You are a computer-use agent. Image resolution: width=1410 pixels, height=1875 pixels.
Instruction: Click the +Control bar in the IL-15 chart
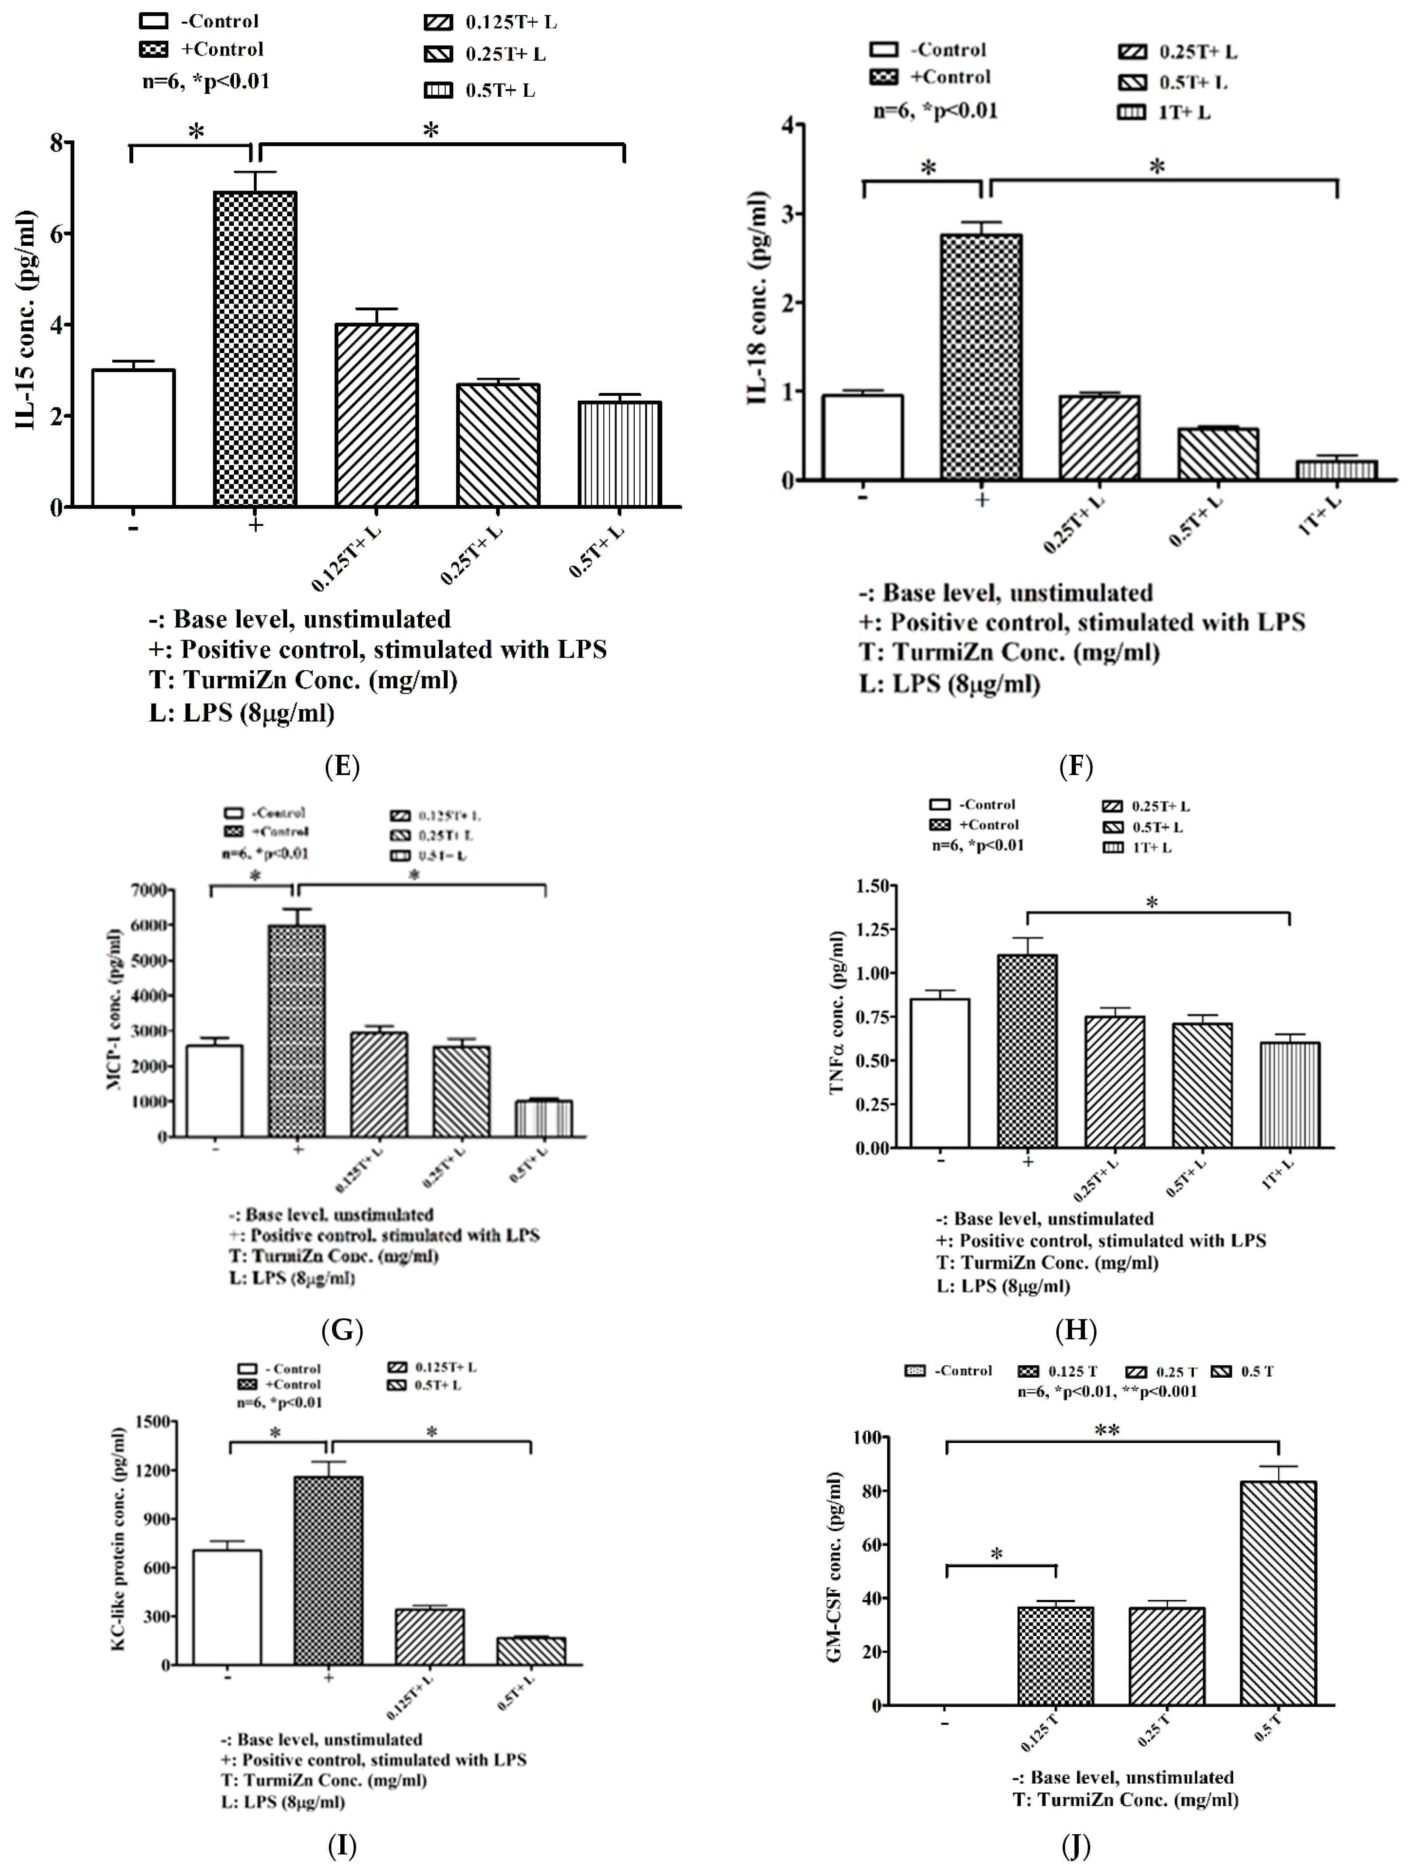click(255, 349)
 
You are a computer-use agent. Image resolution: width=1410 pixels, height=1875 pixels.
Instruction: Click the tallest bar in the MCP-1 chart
click(296, 1031)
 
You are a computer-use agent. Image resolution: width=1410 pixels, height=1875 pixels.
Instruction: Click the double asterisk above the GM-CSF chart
click(1107, 1431)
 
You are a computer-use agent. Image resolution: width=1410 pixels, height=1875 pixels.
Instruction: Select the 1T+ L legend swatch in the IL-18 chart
click(1131, 112)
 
